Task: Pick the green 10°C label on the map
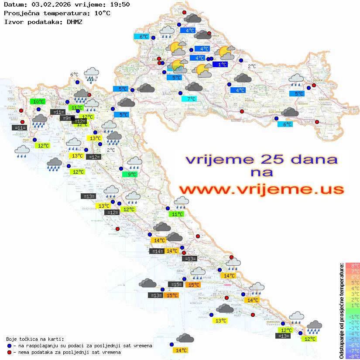tap(38, 102)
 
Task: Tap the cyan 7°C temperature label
tap(189, 99)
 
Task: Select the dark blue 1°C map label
tap(220, 65)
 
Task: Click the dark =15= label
tap(175, 285)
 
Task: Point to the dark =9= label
tap(66, 118)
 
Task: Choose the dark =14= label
tap(157, 251)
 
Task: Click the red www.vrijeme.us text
tap(261, 189)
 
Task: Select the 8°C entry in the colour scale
tap(353, 265)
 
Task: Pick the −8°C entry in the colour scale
tap(353, 356)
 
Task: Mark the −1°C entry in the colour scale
tap(353, 316)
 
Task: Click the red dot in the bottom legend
tap(9, 352)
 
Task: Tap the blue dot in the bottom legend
tap(9, 346)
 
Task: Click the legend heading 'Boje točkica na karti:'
tap(35, 339)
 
